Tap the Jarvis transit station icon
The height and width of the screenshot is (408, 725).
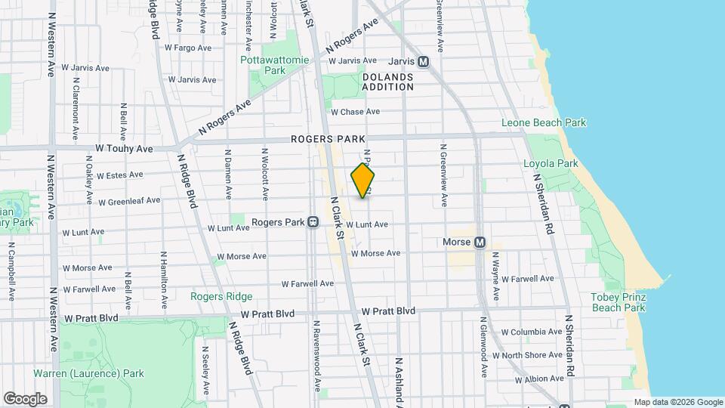[x=423, y=62]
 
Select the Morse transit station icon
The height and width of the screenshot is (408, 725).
[x=479, y=243]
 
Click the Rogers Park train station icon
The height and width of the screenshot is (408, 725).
[x=313, y=223]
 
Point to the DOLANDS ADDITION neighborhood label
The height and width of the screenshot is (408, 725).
[x=388, y=82]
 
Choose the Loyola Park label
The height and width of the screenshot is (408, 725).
[x=551, y=163]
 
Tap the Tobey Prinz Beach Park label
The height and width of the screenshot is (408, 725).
[x=618, y=301]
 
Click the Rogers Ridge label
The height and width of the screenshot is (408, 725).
[x=221, y=296]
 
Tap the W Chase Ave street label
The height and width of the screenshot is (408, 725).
[x=355, y=112]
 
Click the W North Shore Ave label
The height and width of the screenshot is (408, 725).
[x=527, y=355]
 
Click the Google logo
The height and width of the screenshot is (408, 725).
[x=25, y=399]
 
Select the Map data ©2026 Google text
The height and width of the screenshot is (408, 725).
[x=677, y=402]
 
